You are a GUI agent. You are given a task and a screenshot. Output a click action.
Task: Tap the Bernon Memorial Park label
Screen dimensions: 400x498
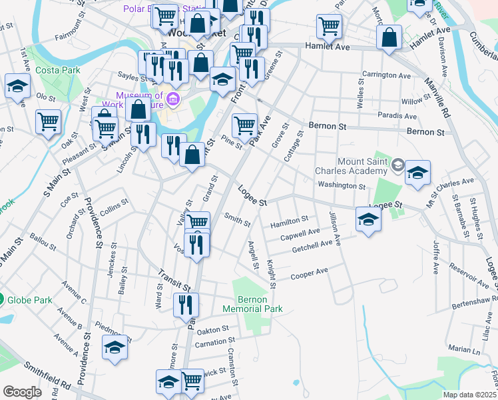point(258,305)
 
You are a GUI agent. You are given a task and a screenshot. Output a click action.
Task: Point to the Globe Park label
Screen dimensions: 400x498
point(30,300)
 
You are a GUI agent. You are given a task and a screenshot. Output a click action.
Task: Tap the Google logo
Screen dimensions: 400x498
point(22,392)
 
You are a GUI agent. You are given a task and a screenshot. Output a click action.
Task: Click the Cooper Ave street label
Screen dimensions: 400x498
point(310,273)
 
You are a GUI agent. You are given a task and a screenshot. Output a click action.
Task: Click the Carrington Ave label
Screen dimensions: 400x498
point(385,75)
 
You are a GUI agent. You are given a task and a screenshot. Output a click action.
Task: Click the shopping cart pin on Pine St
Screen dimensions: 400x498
point(244,125)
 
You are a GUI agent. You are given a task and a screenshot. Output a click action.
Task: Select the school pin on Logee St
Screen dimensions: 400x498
point(368,219)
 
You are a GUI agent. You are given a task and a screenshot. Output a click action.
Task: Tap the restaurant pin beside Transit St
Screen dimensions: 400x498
point(186,305)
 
